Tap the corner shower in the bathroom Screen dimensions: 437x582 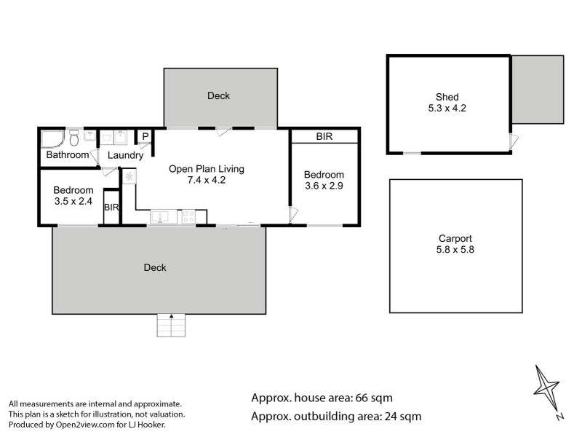pos(52,138)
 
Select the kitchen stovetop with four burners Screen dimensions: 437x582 pos(188,216)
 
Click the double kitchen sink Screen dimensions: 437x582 pos(160,216)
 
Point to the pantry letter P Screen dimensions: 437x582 pos(145,136)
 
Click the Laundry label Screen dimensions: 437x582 pos(125,155)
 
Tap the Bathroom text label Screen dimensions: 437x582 pos(68,155)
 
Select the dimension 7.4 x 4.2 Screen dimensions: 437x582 pos(207,181)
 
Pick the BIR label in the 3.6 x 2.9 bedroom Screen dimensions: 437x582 pos(324,136)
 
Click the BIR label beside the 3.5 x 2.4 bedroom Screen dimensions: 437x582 pos(111,208)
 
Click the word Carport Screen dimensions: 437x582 pos(455,238)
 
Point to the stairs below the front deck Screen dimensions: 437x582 pos(172,325)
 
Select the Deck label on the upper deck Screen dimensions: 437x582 pos(219,95)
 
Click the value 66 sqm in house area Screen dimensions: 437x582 pos(372,398)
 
